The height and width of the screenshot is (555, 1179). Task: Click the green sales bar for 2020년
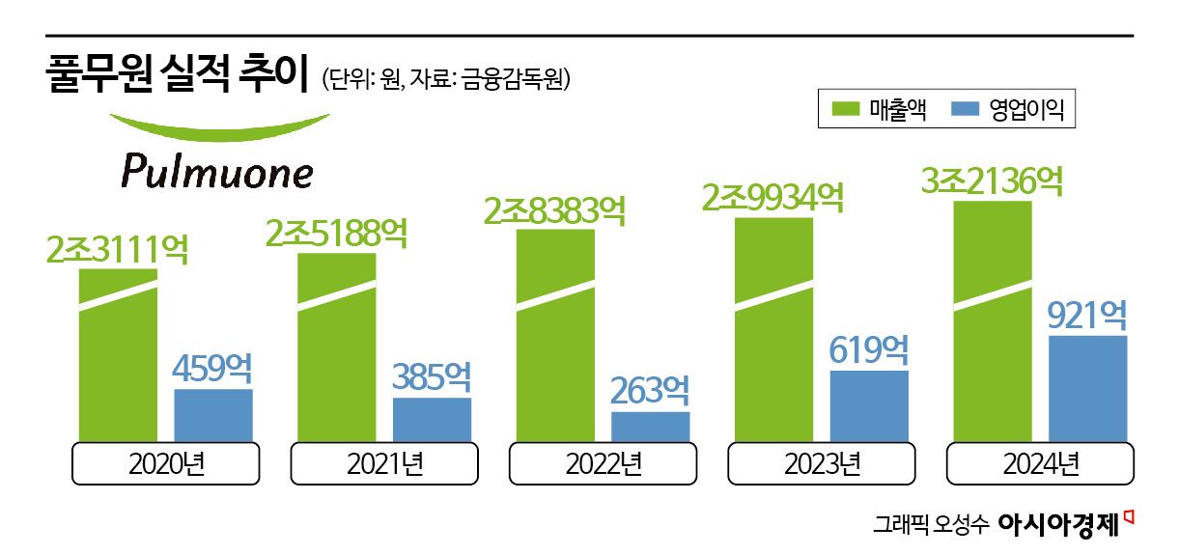tap(118, 357)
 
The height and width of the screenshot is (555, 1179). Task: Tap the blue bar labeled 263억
tap(650, 427)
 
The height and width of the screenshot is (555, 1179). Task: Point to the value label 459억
tap(212, 368)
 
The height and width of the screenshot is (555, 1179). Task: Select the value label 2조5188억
tap(336, 233)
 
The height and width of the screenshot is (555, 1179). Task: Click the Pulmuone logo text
tap(217, 172)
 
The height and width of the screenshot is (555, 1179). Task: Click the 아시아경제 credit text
tap(1057, 525)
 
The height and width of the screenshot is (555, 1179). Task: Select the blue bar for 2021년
tap(432, 420)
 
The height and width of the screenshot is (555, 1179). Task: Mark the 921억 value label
tap(1087, 315)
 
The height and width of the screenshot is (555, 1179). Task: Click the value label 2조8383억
tap(554, 209)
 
